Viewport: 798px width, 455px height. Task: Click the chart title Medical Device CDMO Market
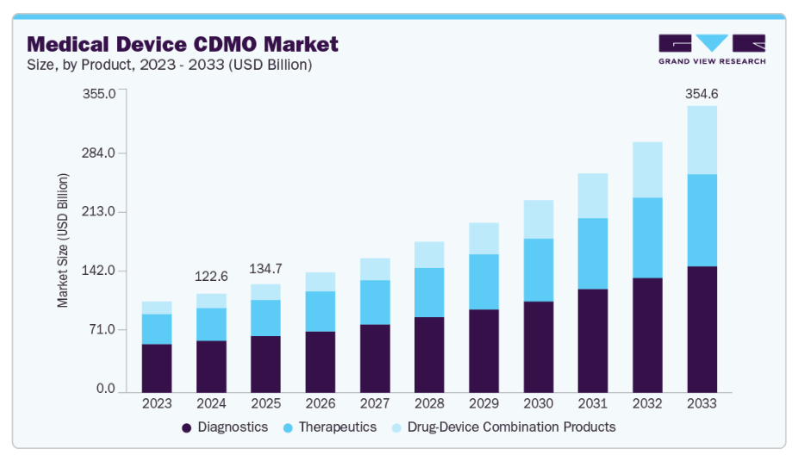coord(183,44)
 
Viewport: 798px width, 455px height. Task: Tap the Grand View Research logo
coord(711,49)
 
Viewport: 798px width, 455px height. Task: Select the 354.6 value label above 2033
coord(701,94)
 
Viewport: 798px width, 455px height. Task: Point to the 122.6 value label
coord(211,277)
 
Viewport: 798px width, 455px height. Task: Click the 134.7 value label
coord(265,268)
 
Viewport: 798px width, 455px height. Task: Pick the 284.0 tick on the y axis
coord(98,153)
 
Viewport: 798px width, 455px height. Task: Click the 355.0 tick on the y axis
coord(98,94)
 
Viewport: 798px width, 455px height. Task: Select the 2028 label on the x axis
coord(428,403)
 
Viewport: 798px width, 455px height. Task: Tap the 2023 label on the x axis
coord(157,403)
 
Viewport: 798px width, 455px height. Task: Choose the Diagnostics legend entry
coord(225,427)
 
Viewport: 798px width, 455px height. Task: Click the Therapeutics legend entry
coord(333,427)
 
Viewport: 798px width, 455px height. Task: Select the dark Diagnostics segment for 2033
coord(701,328)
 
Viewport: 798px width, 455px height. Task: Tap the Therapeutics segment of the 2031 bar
coord(592,253)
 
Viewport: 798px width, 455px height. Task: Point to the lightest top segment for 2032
coord(647,170)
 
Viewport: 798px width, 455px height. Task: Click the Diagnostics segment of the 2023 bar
coord(157,367)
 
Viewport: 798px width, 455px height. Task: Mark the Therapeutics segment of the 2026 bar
coord(320,311)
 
